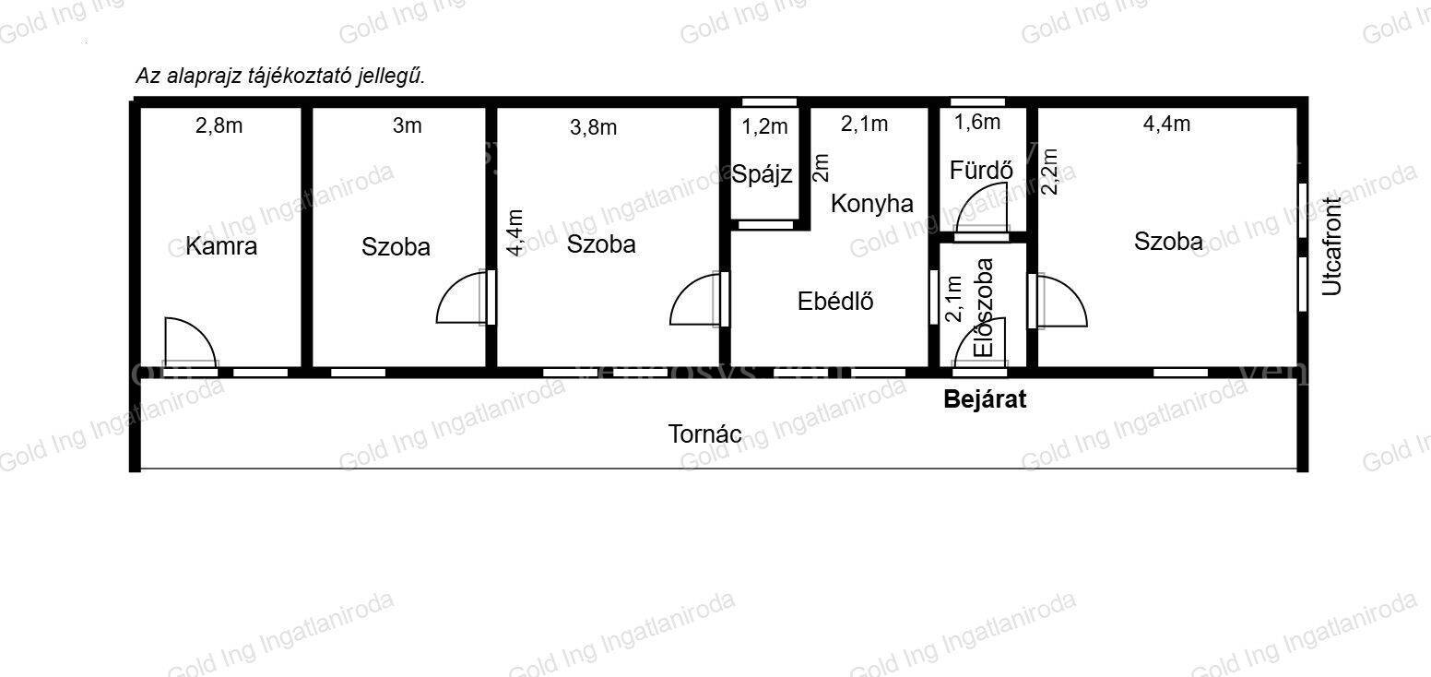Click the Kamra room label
click(221, 246)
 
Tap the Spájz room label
click(762, 174)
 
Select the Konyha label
click(872, 204)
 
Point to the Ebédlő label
click(835, 301)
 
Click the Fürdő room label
click(981, 170)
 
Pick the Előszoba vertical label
click(984, 307)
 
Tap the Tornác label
click(704, 434)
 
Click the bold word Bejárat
click(985, 399)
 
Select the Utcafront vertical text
click(1332, 246)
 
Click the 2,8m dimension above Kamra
click(219, 126)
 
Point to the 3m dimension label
click(407, 126)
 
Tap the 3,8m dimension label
click(594, 128)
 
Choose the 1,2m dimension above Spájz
click(764, 126)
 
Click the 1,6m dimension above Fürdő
click(977, 122)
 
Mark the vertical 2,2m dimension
click(1049, 172)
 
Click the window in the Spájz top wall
click(769, 101)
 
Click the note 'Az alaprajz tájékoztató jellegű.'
click(280, 76)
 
